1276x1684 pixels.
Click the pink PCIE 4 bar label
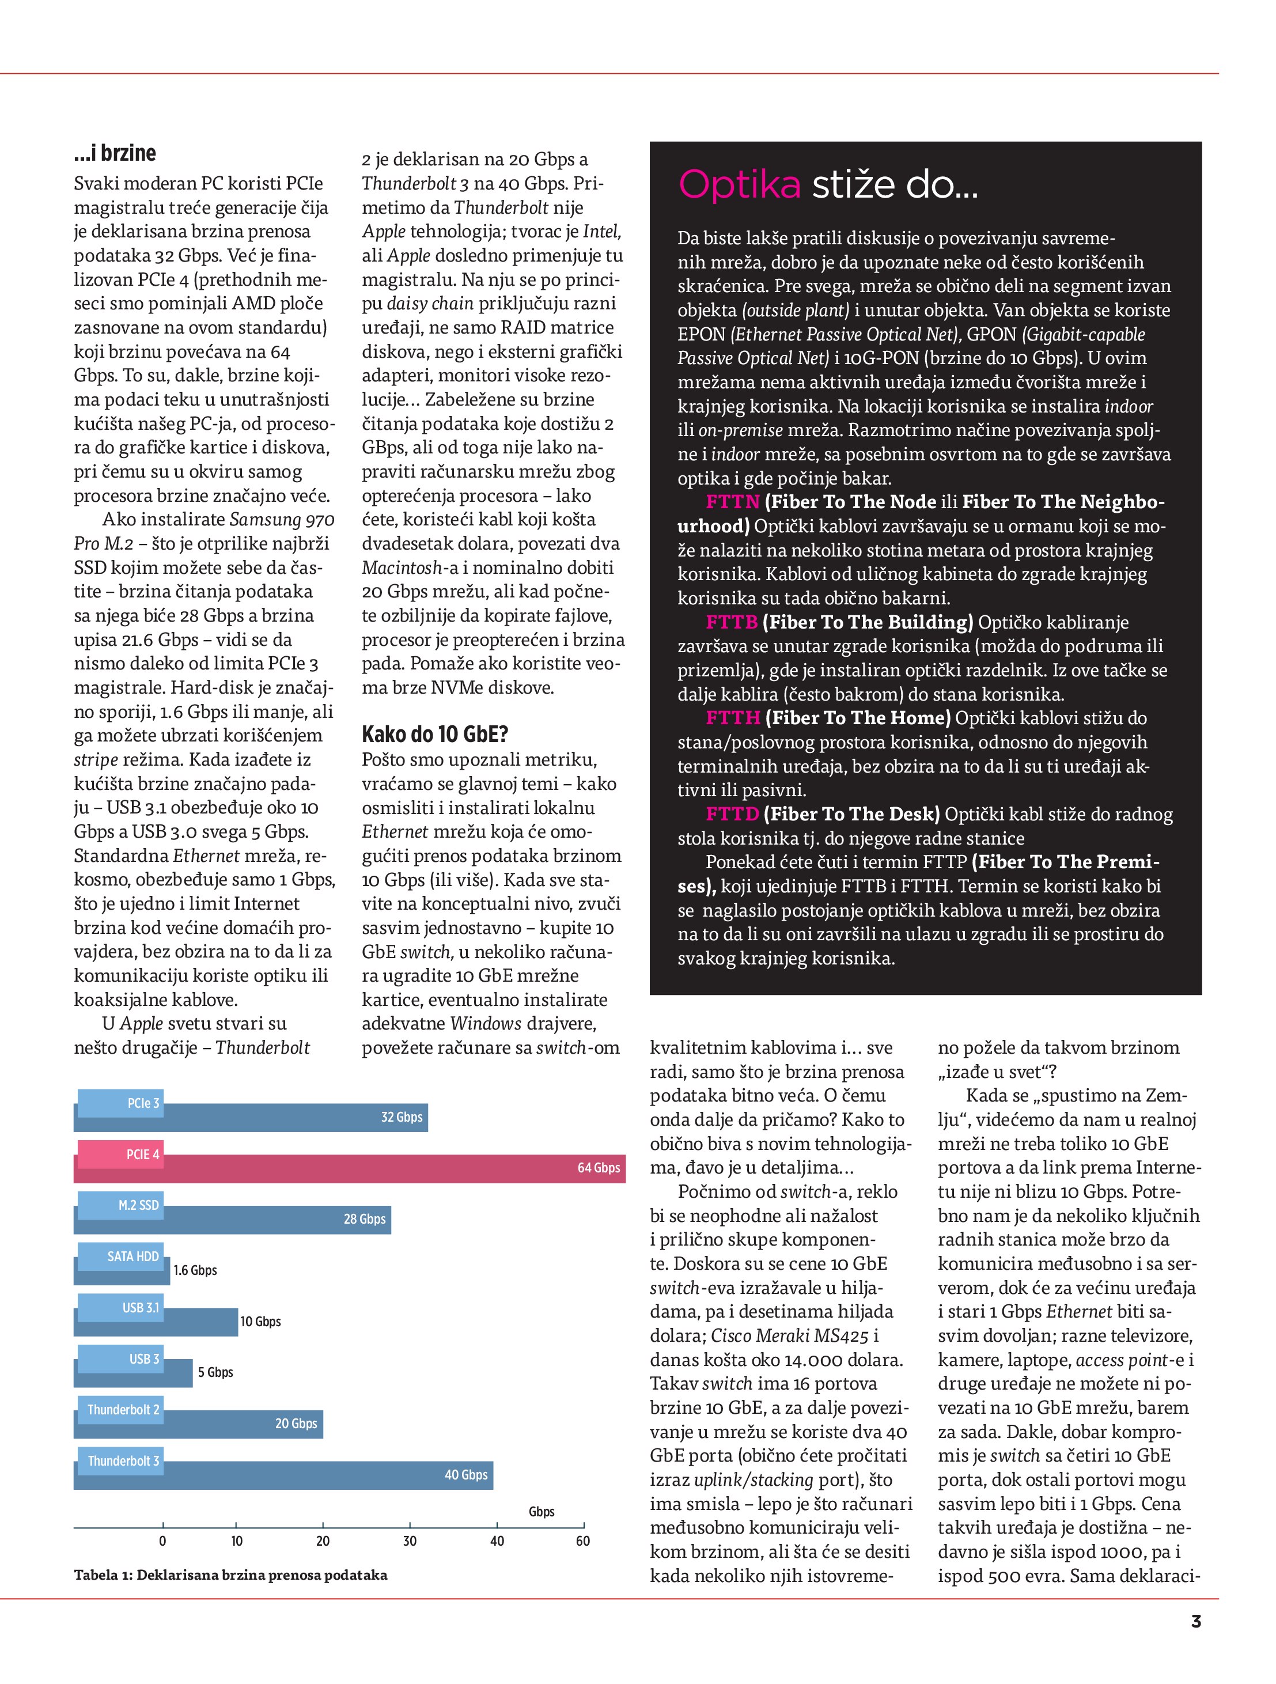coord(142,1154)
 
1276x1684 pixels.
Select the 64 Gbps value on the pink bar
coord(599,1168)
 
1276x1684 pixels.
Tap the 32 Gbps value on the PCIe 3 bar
coord(401,1117)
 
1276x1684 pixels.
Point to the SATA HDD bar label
coord(132,1256)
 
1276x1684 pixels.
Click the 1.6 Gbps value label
coord(195,1270)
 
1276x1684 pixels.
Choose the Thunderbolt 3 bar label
coord(123,1460)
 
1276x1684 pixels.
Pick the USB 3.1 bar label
coord(141,1307)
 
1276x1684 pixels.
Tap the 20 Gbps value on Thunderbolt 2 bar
coord(296,1423)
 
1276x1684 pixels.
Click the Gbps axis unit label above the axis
coord(542,1511)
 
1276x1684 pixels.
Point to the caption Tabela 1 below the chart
coord(230,1575)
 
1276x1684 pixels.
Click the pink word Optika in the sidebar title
coord(739,184)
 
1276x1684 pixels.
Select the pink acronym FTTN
coord(732,502)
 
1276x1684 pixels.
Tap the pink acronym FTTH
coord(732,718)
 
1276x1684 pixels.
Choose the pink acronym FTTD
coord(732,814)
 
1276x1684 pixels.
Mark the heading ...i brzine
coord(115,154)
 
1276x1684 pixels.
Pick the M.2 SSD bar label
coord(139,1205)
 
